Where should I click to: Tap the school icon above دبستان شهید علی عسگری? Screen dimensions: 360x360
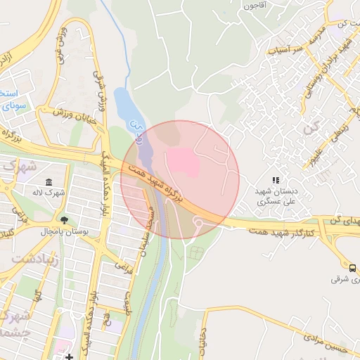click(x=276, y=181)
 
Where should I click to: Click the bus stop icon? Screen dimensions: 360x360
click(x=352, y=267)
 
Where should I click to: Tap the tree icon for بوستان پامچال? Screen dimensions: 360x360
click(x=65, y=220)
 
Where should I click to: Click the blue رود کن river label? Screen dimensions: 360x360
click(x=137, y=131)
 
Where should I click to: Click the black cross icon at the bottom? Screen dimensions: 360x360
click(x=69, y=357)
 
